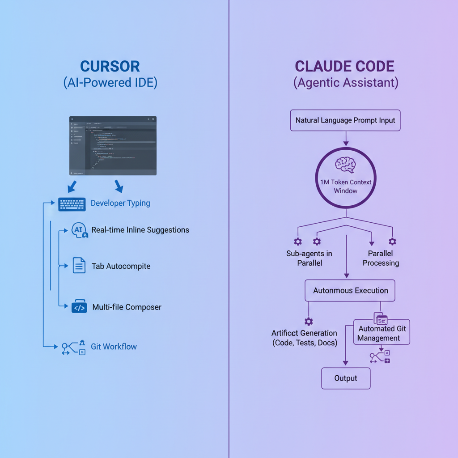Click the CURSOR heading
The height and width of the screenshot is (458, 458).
[x=110, y=66]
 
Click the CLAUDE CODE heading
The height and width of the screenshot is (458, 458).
[x=345, y=66]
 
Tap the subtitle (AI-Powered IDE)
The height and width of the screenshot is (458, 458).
[x=110, y=83]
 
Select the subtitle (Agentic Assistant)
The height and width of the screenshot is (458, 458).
[x=346, y=83]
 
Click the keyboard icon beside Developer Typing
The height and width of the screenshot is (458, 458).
[x=72, y=204]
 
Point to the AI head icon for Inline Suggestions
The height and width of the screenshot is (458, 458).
[x=78, y=230]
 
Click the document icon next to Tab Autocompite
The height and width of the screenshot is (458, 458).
[x=79, y=266]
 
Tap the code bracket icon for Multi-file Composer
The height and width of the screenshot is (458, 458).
[x=79, y=307]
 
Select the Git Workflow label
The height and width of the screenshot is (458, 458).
[x=114, y=347]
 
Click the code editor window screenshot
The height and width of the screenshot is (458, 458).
[x=113, y=145]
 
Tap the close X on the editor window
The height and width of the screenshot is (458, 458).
[x=153, y=119]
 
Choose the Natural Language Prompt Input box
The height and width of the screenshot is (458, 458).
[x=345, y=120]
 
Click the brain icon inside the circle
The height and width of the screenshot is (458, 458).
[x=345, y=164]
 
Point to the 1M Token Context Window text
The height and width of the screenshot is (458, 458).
[x=345, y=186]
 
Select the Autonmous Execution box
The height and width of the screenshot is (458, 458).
[x=350, y=291]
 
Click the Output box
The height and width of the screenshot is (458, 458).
[x=346, y=378]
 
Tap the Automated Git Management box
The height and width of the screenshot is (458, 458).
[x=382, y=333]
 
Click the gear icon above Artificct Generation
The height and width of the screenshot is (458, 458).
[x=308, y=321]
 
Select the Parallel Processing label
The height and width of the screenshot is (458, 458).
[x=381, y=258]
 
